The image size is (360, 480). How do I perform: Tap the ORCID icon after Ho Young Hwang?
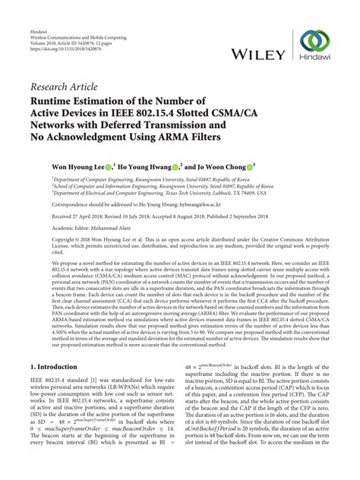tap(175, 163)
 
